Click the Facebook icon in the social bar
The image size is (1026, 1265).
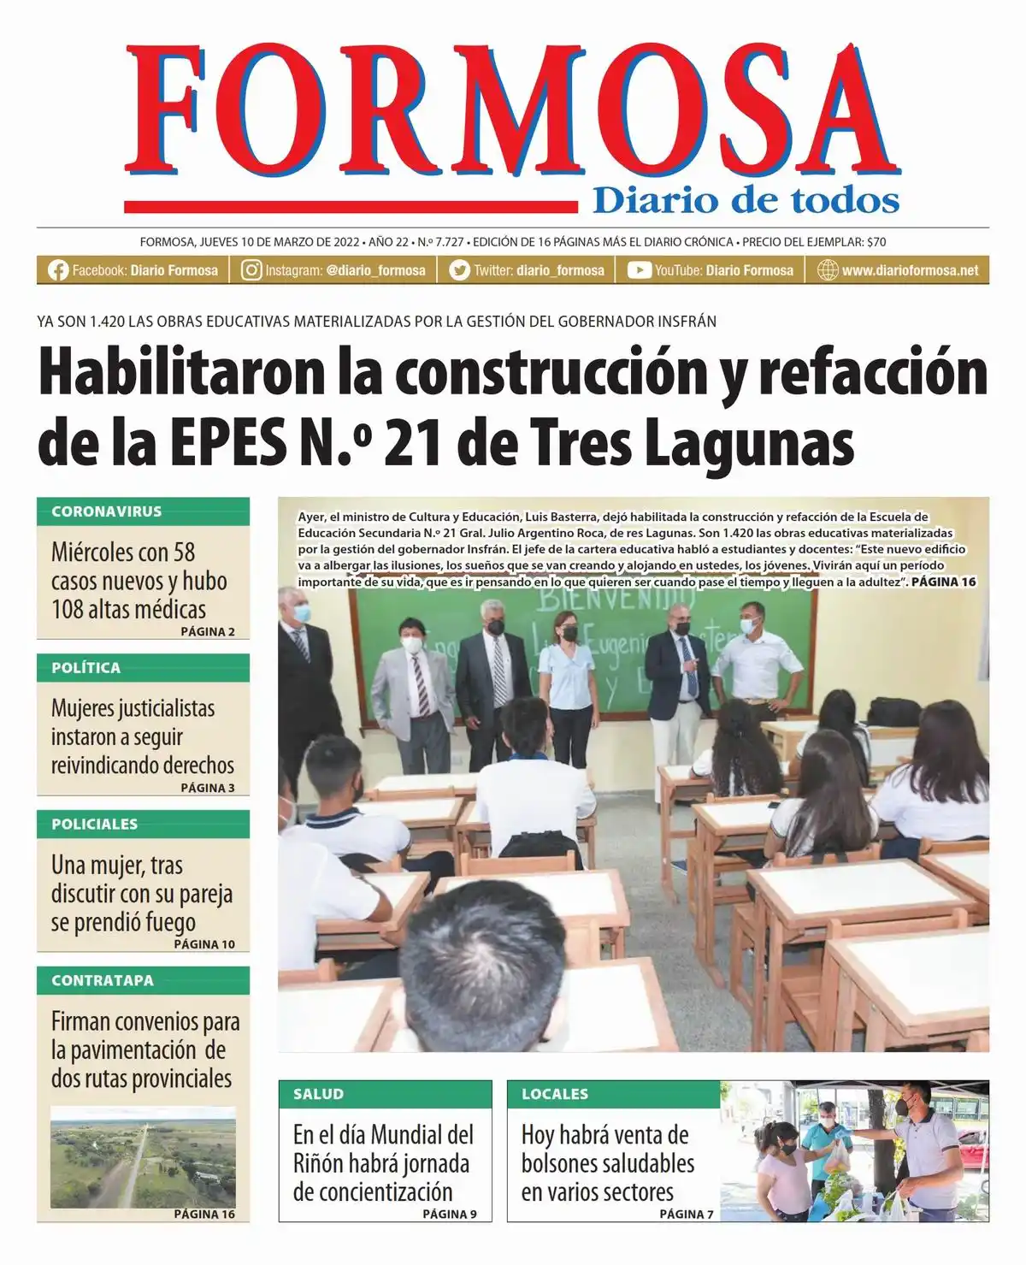pos(58,270)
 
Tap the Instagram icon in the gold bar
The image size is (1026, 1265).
pos(251,270)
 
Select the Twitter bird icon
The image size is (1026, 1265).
pos(460,270)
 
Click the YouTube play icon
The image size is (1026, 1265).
pos(639,270)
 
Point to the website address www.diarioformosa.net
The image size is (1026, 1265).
pos(910,270)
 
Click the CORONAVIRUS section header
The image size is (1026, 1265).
pos(107,511)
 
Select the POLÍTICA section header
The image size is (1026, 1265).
pos(86,668)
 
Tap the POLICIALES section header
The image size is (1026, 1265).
pos(95,825)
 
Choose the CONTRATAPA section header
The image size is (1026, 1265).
pos(103,981)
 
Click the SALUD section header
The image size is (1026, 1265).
pos(318,1094)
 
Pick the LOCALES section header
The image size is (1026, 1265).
pos(555,1094)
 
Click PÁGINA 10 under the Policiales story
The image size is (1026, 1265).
pos(204,944)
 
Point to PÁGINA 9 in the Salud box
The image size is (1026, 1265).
pos(450,1214)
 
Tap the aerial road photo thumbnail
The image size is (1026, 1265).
pos(143,1157)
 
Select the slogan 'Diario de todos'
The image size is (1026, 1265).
pos(746,201)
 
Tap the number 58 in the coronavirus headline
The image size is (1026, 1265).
pos(184,553)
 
